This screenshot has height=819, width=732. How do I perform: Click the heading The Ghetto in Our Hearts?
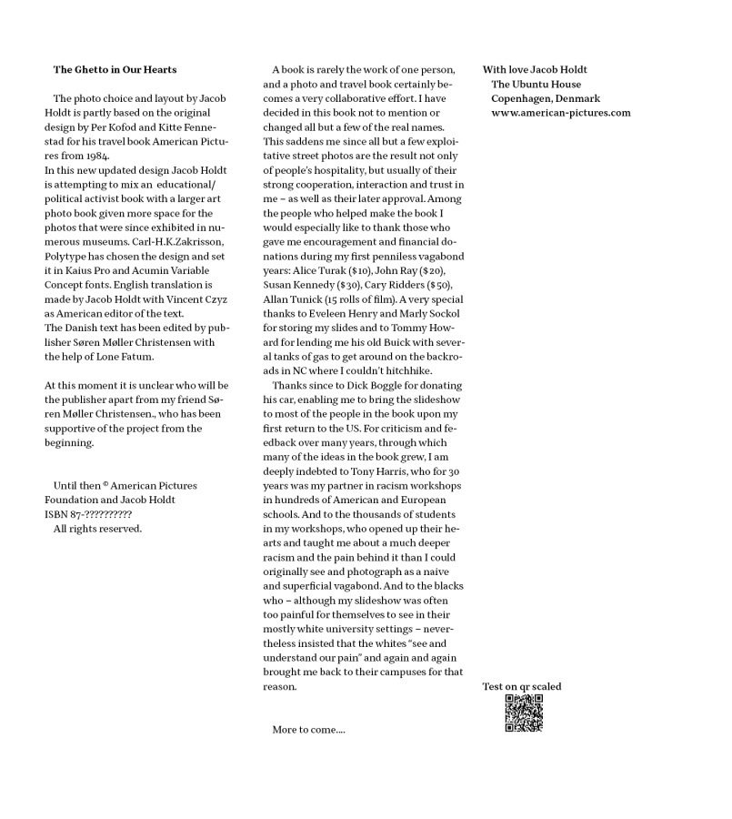115,69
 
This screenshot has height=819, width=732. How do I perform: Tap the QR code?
524,713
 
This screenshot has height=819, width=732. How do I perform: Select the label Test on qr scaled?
521,686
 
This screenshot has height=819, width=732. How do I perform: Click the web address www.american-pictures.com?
560,113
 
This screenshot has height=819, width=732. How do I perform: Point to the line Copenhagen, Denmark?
546,98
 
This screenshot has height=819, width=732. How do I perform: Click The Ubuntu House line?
536,84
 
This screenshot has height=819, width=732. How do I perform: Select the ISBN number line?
88,514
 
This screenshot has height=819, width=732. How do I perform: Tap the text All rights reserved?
97,529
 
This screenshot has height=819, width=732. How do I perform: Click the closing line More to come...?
308,730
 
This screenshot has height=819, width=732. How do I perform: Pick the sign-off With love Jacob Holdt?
535,69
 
